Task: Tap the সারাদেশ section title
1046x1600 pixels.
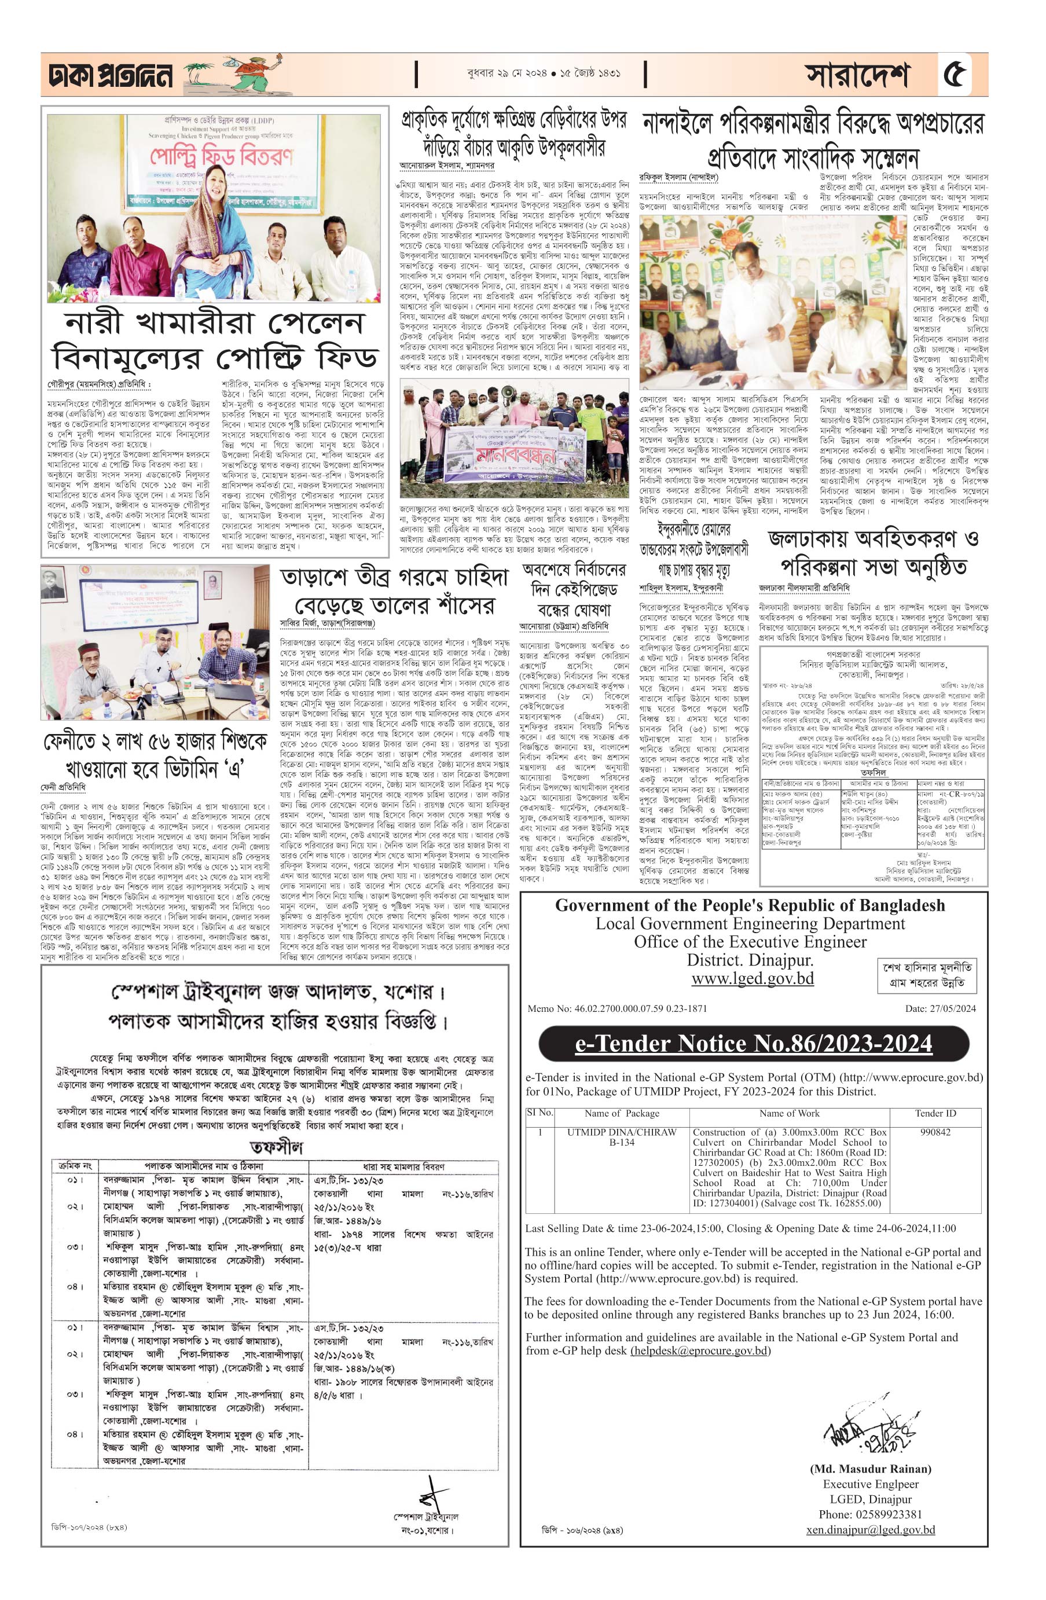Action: click(x=857, y=75)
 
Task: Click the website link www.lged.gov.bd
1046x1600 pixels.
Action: click(x=753, y=978)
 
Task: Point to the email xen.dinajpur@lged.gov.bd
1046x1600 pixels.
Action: click(x=871, y=1530)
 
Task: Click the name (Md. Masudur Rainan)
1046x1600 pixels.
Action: click(x=871, y=1469)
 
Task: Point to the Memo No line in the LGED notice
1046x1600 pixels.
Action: click(x=617, y=1008)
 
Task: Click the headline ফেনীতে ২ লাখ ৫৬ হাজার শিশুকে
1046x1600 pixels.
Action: click(x=155, y=741)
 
